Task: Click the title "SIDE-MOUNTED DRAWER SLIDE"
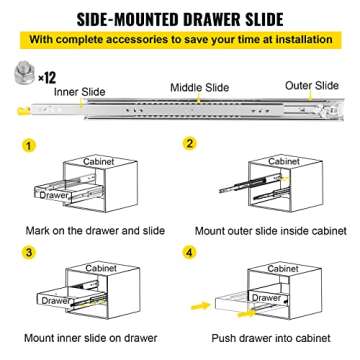pos(180,16)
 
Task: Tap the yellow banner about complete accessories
pos(180,42)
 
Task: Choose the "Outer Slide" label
pos(311,86)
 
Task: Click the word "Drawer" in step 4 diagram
pos(265,298)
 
